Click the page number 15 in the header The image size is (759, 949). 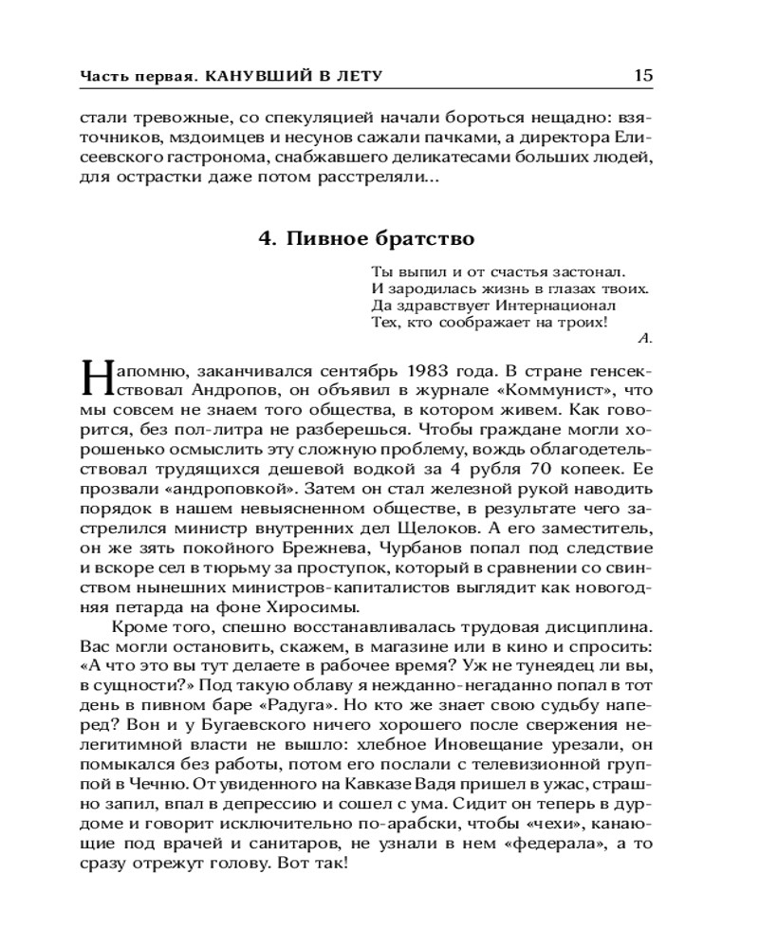(642, 75)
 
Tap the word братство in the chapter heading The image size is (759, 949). (427, 237)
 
